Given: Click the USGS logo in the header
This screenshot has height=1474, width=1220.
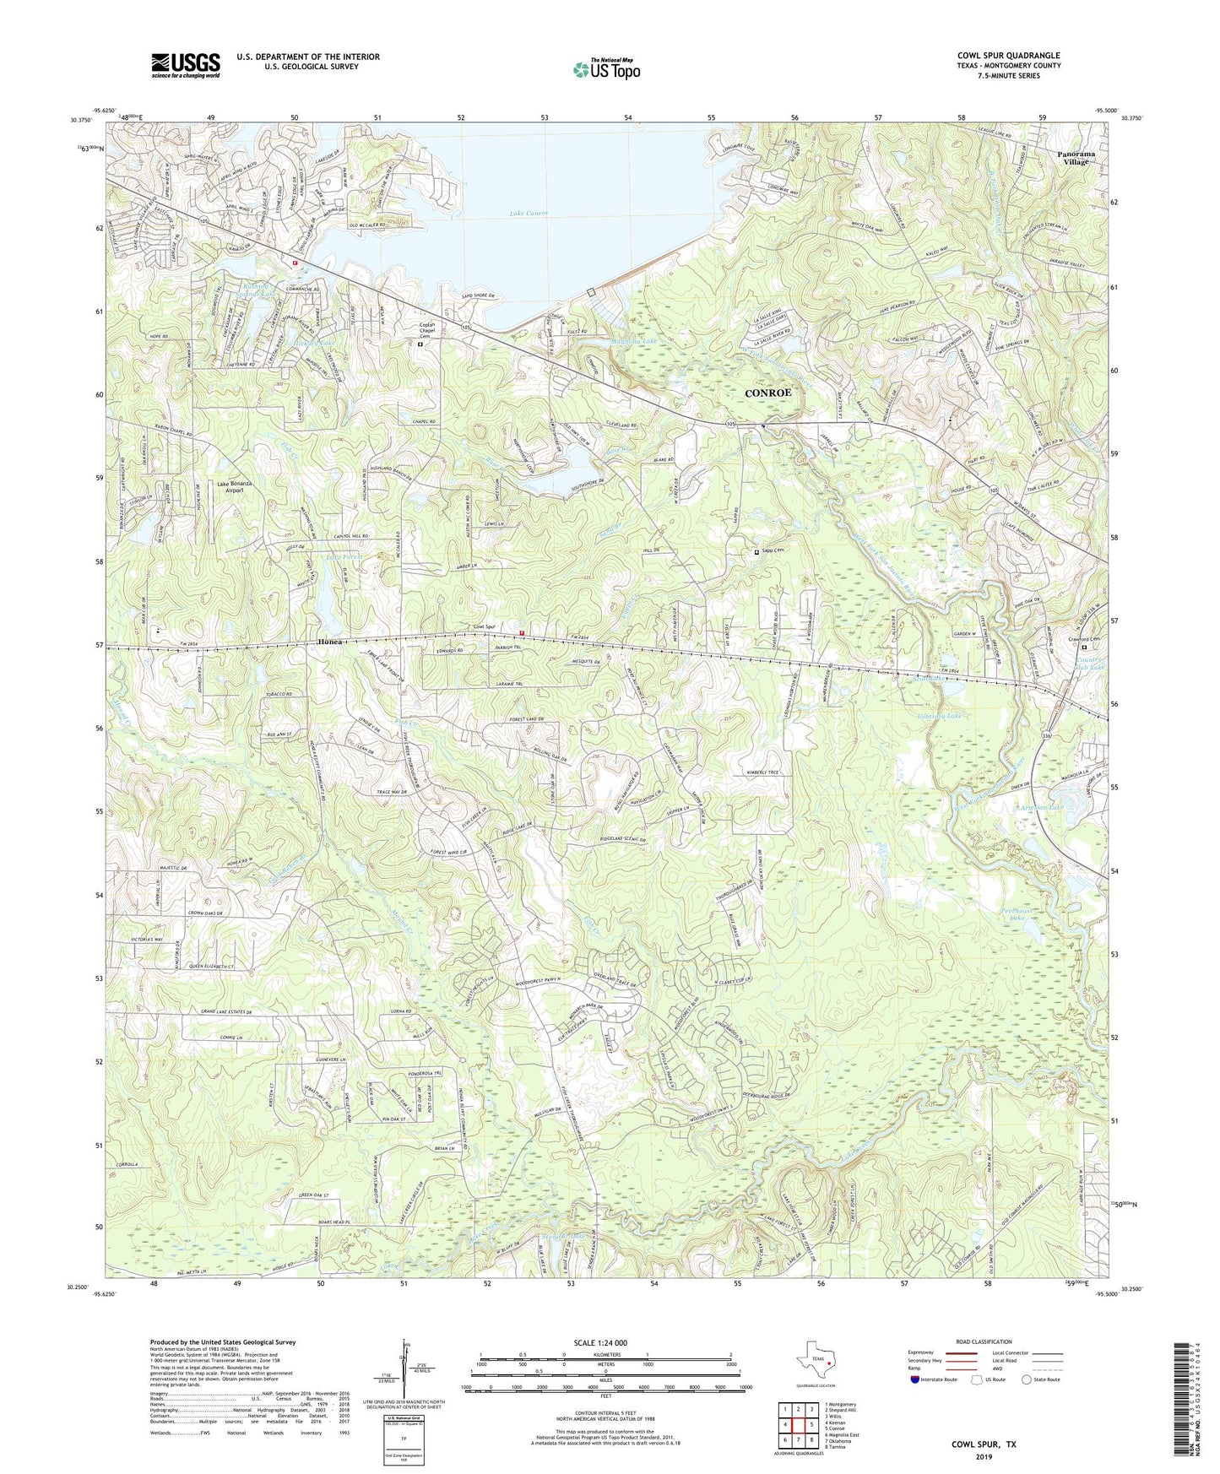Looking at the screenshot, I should (x=186, y=65).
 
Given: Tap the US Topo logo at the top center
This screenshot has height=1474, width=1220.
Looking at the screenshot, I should (x=606, y=68).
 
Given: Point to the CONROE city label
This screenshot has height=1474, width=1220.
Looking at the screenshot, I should (x=769, y=393).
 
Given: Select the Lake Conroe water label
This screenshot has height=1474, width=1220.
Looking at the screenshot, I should (x=529, y=213).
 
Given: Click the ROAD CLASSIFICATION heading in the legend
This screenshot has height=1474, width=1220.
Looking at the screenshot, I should (x=984, y=1341).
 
